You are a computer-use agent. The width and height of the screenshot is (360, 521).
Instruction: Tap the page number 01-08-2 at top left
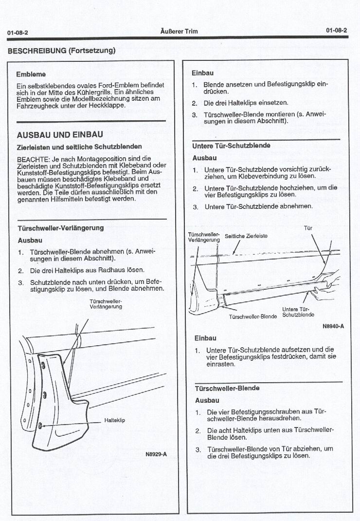pyautogui.click(x=18, y=32)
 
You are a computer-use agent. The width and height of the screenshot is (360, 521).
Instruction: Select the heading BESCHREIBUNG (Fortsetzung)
pyautogui.click(x=61, y=50)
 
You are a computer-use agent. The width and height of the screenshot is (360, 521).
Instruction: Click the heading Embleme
pyautogui.click(x=31, y=74)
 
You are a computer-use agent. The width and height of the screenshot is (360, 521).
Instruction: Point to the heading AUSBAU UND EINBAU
pyautogui.click(x=59, y=134)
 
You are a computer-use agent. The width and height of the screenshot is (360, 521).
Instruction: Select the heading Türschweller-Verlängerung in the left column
pyautogui.click(x=60, y=228)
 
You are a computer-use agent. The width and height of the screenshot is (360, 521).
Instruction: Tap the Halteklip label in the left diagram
pyautogui.click(x=114, y=420)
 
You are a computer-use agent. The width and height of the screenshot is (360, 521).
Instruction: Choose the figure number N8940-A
pyautogui.click(x=333, y=326)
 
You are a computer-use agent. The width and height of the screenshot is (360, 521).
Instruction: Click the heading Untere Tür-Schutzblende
pyautogui.click(x=231, y=146)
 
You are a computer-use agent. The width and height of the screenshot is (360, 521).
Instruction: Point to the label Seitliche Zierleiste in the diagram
pyautogui.click(x=246, y=236)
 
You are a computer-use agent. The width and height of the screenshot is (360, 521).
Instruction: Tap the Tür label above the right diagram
pyautogui.click(x=307, y=227)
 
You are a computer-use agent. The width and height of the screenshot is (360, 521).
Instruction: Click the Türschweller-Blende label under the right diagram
pyautogui.click(x=252, y=316)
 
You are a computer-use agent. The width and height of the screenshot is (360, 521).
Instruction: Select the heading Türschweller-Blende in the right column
pyautogui.click(x=227, y=388)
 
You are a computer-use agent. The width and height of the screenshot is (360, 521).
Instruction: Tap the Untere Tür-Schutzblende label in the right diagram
pyautogui.click(x=298, y=312)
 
